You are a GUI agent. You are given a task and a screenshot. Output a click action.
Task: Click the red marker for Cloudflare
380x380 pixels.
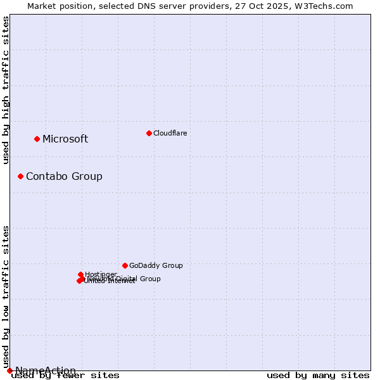pos(149,133)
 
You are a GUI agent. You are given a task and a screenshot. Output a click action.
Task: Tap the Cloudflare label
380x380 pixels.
pos(170,133)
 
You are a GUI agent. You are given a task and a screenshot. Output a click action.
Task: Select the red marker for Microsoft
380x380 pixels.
pos(37,139)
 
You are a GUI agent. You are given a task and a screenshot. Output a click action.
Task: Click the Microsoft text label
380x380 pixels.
pos(65,139)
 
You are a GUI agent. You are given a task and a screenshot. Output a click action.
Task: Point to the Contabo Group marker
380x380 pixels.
pos(20,176)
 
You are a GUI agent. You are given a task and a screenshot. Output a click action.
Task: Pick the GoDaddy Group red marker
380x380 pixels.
pos(125,265)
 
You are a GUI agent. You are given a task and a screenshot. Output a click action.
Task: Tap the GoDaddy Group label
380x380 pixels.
pos(156,266)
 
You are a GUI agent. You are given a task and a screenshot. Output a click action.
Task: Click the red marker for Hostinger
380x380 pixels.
pos(80,274)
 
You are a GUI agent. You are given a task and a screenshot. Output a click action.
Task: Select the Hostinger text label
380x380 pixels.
pos(101,274)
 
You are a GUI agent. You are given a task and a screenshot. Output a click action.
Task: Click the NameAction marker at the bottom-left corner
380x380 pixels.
pos(9,370)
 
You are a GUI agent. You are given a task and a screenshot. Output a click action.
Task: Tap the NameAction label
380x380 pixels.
pos(46,370)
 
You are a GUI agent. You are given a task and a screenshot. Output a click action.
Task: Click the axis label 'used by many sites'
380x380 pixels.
pos(318,376)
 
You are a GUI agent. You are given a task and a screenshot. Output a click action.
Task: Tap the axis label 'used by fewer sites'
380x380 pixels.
pos(66,376)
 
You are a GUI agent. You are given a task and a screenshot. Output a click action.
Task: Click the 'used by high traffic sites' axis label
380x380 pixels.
pos(6,90)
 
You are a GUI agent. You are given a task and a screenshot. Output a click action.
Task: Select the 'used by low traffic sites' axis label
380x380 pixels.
pos(6,296)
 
